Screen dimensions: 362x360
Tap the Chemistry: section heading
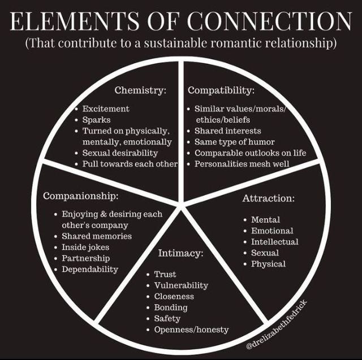tap(140, 90)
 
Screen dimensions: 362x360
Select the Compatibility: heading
tap(221, 90)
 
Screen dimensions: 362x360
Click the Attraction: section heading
tap(268, 198)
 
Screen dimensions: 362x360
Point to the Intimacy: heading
tap(180, 253)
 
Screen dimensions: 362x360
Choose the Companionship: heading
tap(81, 196)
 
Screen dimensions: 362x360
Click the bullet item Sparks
tap(96, 120)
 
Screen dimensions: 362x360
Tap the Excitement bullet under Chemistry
tap(106, 109)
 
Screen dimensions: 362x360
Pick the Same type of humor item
tap(235, 142)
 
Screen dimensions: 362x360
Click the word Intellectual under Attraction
tap(275, 241)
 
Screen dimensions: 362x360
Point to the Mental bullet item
tap(265, 219)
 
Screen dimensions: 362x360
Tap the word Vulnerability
tap(181, 285)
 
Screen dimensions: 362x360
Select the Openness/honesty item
tap(191, 329)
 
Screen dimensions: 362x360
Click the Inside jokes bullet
tap(85, 247)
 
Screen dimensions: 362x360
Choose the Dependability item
tap(90, 269)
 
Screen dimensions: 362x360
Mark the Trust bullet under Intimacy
tap(165, 274)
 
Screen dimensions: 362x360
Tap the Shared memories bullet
tap(97, 236)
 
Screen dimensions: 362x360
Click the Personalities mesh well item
tap(242, 164)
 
